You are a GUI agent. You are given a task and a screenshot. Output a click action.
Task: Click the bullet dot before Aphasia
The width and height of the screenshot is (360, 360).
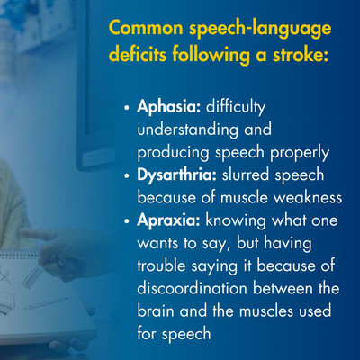[127, 112]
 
